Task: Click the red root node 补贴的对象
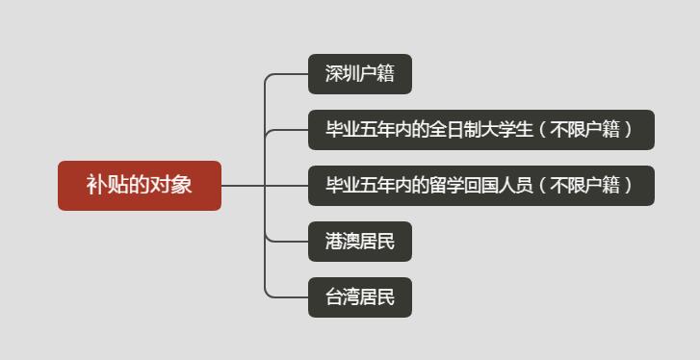140,185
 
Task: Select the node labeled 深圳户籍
359,74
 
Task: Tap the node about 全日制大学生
480,130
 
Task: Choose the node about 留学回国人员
480,186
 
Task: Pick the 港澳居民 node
359,242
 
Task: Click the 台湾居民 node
359,297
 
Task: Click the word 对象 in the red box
174,185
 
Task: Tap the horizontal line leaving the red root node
243,185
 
